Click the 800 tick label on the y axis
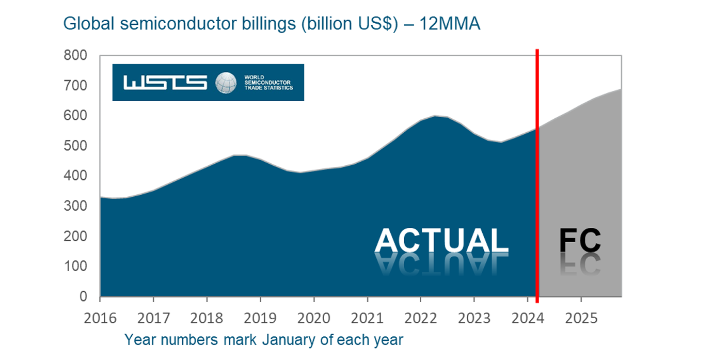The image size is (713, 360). point(75,55)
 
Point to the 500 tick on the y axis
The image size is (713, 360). point(75,146)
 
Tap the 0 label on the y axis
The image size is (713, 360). point(82,296)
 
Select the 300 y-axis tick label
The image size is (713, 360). point(75,206)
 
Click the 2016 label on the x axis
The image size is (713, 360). point(100,317)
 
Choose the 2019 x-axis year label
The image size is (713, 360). point(260,317)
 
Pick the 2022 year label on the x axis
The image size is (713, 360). point(420,317)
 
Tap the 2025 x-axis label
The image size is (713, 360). point(581,317)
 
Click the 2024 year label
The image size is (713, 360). point(527,317)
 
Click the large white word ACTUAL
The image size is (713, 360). point(441,241)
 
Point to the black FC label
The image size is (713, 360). point(580,241)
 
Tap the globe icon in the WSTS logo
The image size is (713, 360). point(226,83)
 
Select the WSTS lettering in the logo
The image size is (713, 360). point(165,83)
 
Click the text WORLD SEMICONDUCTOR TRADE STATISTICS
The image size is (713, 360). point(268,83)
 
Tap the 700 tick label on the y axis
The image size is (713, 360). point(75,85)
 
